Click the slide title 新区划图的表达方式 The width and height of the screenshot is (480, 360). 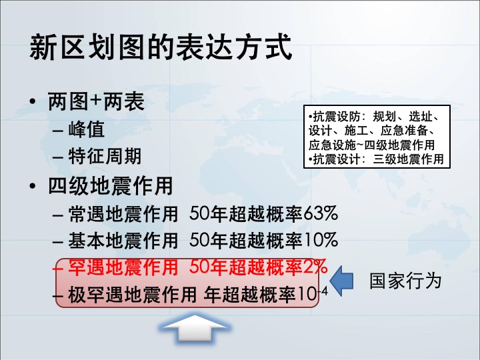coord(161,47)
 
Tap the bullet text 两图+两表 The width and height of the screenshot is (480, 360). coord(96,101)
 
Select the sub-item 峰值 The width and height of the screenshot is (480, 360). coord(86,129)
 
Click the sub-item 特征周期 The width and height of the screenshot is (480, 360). coord(105,156)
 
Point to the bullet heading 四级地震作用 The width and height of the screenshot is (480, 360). coord(111,186)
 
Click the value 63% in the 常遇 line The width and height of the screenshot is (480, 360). coord(321,213)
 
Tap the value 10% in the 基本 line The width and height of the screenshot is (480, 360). coord(321,240)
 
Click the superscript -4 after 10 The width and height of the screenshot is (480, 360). coord(323,290)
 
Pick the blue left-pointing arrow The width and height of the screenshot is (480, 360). coord(341,281)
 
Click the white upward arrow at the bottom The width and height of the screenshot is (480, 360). coord(195,329)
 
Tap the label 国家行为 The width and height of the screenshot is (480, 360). coord(405,281)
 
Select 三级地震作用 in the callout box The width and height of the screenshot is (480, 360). coord(409,159)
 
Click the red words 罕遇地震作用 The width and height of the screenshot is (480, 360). coord(123,267)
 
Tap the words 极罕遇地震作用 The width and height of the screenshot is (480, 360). coord(132,295)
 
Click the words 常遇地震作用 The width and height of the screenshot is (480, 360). coord(123,213)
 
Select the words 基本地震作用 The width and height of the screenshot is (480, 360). coord(123,240)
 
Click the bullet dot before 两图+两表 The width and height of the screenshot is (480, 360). coord(33,102)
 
